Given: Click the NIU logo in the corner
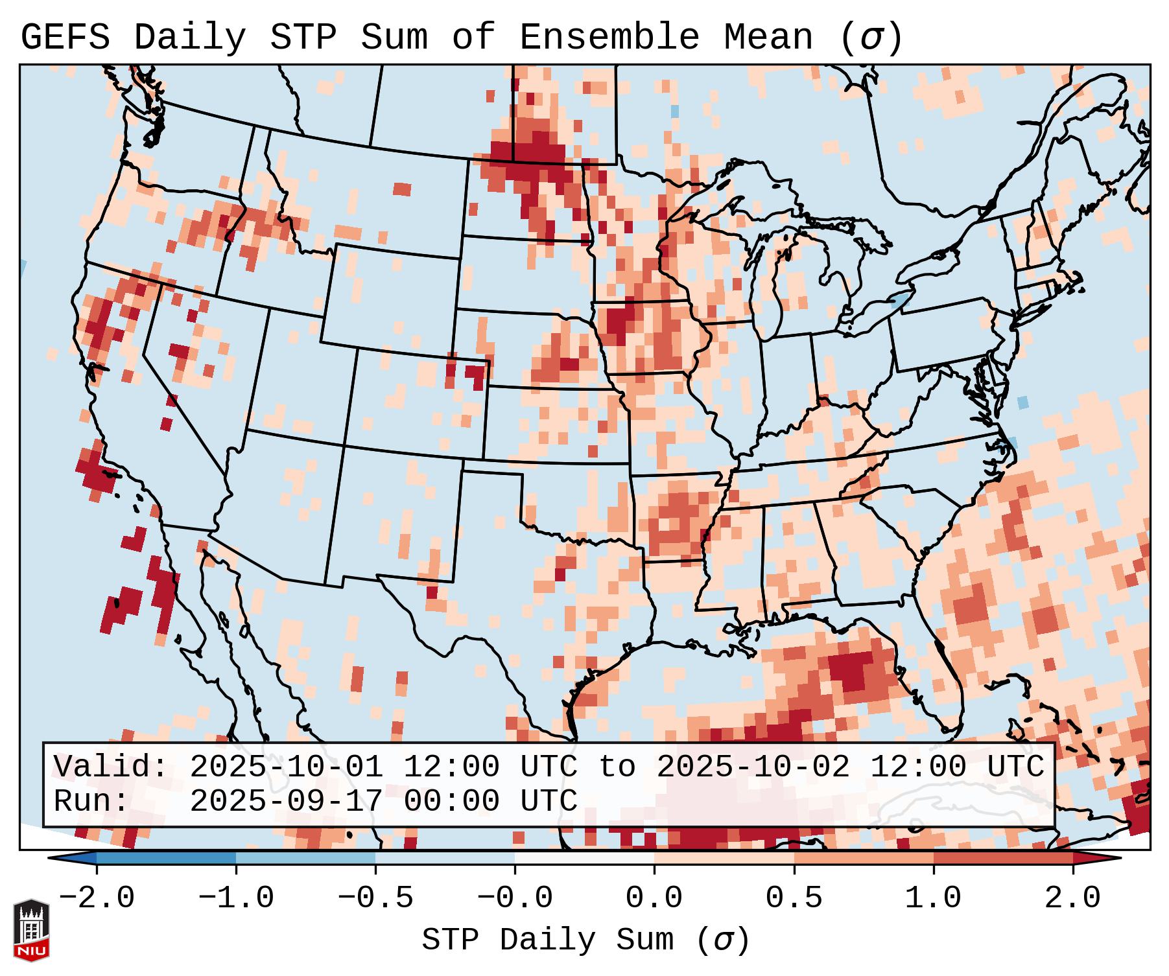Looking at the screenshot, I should coord(31,929).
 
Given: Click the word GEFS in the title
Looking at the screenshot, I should coord(65,38).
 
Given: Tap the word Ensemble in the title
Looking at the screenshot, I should coord(609,38).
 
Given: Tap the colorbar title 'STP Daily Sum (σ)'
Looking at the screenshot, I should coord(585,940).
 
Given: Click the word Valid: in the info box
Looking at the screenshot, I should coord(111,767).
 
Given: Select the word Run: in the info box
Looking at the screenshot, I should coord(91,801).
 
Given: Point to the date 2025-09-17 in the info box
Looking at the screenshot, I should coord(286,801).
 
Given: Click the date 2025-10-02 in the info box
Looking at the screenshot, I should coord(753,767).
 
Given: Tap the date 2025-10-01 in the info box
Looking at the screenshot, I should coord(286,767).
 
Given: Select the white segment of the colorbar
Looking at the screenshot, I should coord(584,858).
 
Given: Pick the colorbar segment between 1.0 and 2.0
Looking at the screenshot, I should coord(1003,858).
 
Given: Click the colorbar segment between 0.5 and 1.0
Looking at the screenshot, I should coord(864,858).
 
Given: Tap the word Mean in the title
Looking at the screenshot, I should coord(768,38).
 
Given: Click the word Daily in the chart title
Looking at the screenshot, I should coord(190,38).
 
